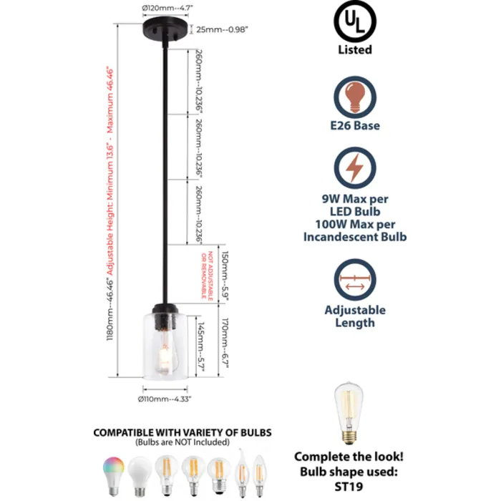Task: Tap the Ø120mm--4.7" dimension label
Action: [x=167, y=9]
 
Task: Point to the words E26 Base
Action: [x=355, y=126]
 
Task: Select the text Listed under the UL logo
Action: [x=355, y=49]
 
